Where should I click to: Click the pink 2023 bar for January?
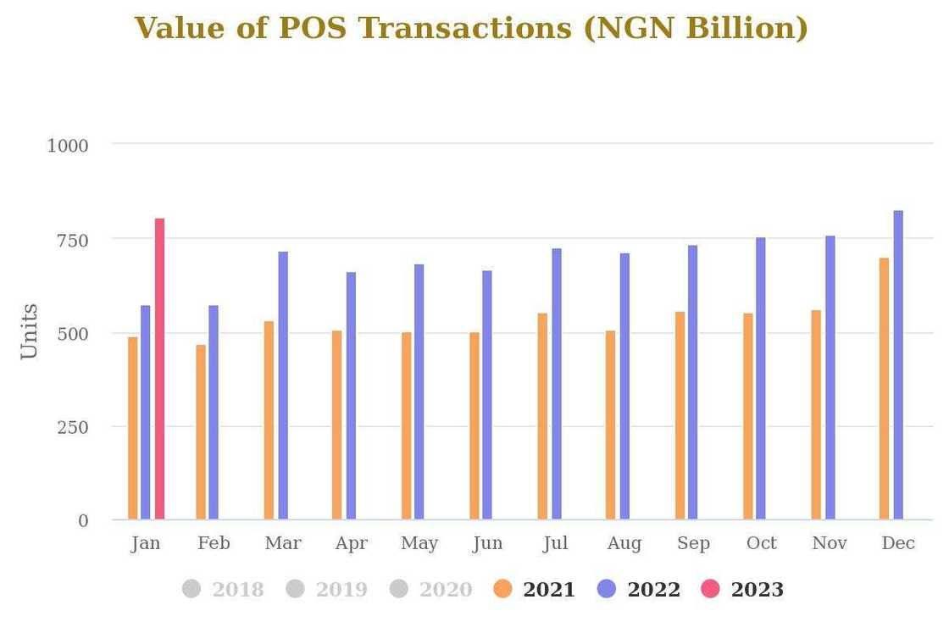click(159, 369)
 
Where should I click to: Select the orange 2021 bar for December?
click(884, 388)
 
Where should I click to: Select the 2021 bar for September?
click(680, 415)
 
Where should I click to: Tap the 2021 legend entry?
click(535, 589)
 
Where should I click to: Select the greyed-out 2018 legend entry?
click(223, 589)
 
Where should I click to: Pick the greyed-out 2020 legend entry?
click(431, 589)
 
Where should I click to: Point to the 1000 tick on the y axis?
click(68, 146)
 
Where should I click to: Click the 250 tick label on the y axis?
click(73, 427)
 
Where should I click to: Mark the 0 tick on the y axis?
click(83, 521)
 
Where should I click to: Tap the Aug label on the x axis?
click(624, 543)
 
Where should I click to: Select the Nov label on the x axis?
click(830, 543)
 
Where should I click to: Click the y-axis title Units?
click(30, 331)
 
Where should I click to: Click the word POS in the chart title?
click(313, 28)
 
